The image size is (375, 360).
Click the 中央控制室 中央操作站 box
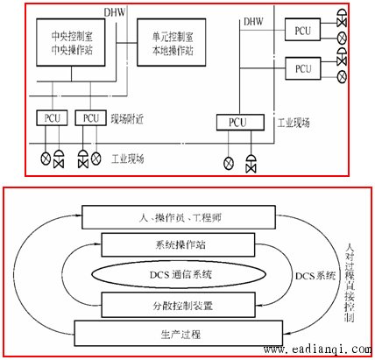coord(71,42)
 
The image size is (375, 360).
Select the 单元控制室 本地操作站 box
coord(172,42)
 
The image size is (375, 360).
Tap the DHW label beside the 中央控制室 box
coord(115,12)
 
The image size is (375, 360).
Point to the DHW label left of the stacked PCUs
coord(253,22)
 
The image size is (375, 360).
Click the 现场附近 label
coord(127,119)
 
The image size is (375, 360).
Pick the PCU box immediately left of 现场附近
coord(90,118)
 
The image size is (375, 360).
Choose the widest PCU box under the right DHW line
coord(240,122)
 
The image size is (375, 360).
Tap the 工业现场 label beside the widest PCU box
coord(294,123)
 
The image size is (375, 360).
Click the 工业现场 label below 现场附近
coord(128,159)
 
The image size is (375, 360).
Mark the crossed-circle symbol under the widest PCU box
coord(229,163)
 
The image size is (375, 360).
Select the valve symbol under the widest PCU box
coord(251,164)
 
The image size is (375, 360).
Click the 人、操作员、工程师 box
coord(179,217)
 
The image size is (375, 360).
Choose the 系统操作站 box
coord(178,244)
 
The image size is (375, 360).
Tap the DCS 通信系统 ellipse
coord(179,275)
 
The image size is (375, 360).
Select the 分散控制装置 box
coord(178,305)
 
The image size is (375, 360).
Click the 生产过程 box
coord(179,333)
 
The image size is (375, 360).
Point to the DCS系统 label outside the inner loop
coord(315,276)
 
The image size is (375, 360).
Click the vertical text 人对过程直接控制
coord(350,283)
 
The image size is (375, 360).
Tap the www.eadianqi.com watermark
coord(317,349)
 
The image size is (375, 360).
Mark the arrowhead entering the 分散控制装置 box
coord(258,306)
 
